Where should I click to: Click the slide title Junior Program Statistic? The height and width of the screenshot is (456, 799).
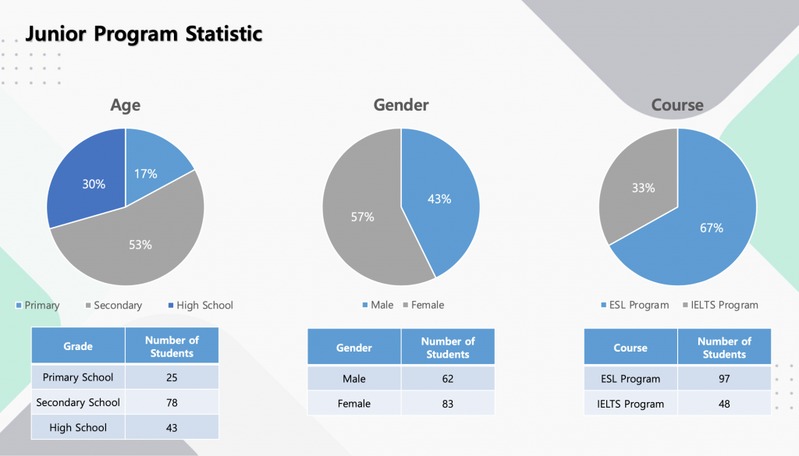click(144, 34)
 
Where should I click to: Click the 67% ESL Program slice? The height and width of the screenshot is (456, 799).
click(702, 226)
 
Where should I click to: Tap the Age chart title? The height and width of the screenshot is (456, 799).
click(125, 104)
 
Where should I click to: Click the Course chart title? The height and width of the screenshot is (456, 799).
click(677, 104)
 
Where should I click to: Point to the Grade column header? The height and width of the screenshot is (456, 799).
click(78, 346)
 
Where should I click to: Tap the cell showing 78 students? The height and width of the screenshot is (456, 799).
click(172, 402)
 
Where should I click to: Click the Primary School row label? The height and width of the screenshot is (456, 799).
click(78, 377)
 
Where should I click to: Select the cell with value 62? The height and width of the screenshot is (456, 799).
click(448, 379)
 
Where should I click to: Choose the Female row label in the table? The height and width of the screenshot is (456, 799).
click(354, 404)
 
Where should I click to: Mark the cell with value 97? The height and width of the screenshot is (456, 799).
click(724, 379)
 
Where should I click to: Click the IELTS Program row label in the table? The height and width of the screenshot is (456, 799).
click(630, 404)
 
